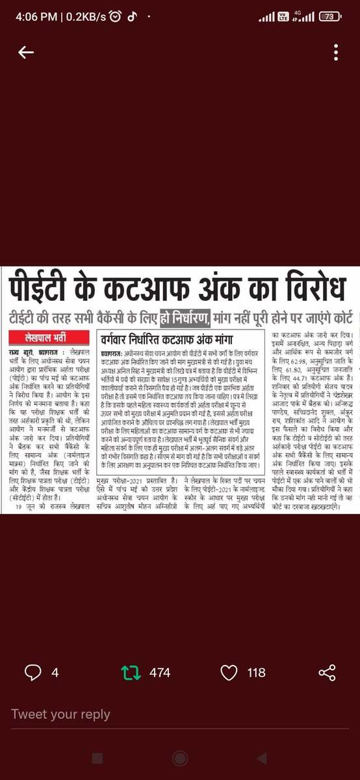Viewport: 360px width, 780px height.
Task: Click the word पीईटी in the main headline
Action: point(43,288)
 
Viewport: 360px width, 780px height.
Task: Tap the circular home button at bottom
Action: point(180,759)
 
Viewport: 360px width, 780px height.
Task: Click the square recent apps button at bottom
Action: point(97,759)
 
